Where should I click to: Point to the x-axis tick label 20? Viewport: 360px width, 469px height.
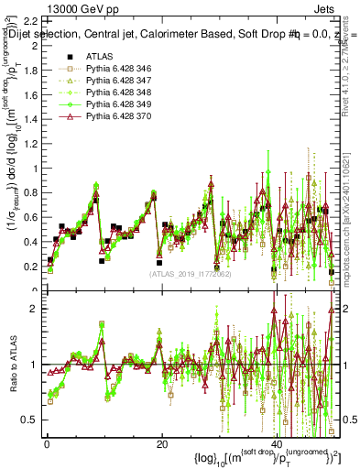(x=161, y=444)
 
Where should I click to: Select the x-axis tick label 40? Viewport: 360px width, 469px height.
(x=278, y=444)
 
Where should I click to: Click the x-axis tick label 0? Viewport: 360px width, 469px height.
(x=46, y=444)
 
